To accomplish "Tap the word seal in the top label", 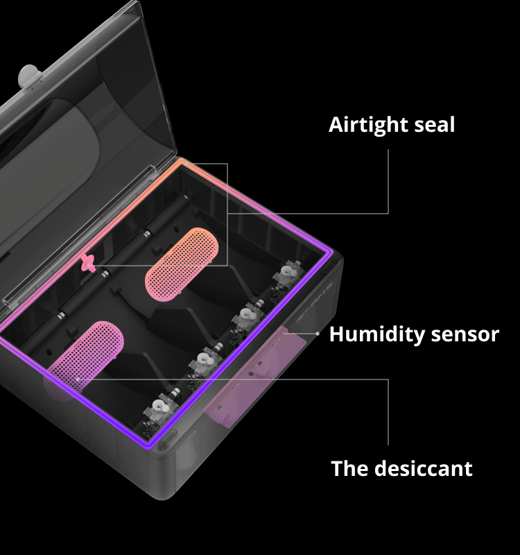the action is click(435, 125).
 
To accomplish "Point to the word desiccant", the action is click(424, 469).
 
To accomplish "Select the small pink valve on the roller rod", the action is click(88, 264).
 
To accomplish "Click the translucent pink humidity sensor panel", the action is click(254, 376).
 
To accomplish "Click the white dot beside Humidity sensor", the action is click(318, 334).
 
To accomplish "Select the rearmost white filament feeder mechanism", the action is click(289, 275).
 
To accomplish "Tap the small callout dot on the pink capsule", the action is click(78, 379).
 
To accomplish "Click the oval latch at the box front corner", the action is click(168, 440).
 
